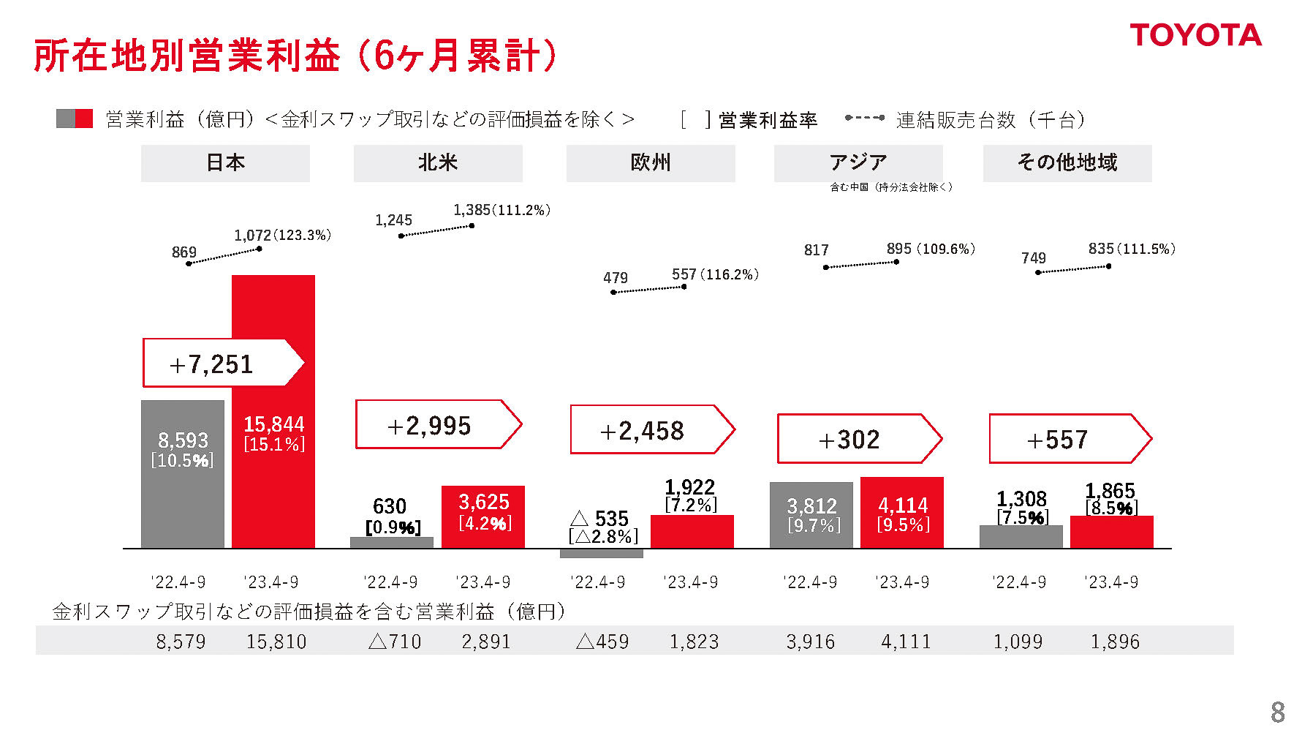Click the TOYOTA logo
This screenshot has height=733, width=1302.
click(1195, 35)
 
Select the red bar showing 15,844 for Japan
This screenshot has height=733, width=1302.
click(273, 483)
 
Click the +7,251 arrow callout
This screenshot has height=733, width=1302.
click(219, 363)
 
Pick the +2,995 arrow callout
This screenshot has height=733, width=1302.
click(436, 424)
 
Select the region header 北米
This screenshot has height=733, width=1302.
click(437, 162)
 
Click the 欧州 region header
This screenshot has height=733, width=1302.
click(650, 162)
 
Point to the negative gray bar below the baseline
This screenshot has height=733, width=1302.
click(601, 554)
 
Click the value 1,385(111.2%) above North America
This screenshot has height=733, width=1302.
click(502, 210)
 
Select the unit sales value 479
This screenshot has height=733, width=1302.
click(615, 278)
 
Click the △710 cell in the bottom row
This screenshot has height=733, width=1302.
click(395, 642)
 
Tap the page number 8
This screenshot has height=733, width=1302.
click(1277, 712)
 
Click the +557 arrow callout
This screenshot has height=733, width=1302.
click(1067, 439)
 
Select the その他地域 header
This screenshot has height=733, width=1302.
click(1067, 162)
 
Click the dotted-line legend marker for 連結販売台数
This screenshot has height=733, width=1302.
click(864, 118)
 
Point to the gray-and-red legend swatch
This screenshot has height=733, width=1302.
click(75, 119)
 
